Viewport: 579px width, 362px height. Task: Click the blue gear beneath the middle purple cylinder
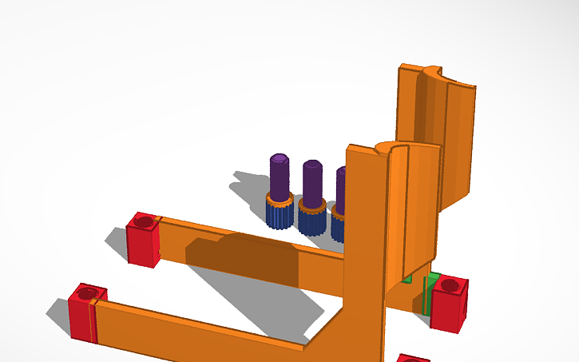[x=311, y=222]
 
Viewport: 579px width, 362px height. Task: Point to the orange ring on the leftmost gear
[x=279, y=201]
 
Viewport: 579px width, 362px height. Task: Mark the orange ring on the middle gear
[x=311, y=205]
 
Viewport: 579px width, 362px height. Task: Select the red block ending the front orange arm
[x=83, y=315]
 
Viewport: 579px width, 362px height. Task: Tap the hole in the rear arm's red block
[x=144, y=220]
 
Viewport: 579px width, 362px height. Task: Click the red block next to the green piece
[x=449, y=305]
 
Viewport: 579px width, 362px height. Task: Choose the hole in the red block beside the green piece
[x=450, y=284]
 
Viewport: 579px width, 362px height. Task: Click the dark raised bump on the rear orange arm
[x=240, y=259]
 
